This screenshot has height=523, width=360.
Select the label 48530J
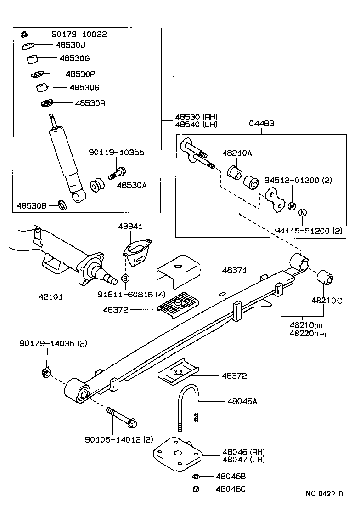(70, 45)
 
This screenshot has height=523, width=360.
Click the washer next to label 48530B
(62, 205)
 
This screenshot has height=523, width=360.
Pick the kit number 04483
(261, 123)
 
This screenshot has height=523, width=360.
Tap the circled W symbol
(291, 206)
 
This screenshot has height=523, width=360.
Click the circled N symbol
(302, 212)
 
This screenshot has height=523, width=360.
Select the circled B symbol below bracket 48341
(124, 278)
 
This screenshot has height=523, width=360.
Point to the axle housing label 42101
(50, 296)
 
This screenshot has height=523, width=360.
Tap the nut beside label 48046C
(196, 489)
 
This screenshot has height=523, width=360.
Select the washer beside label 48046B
(196, 477)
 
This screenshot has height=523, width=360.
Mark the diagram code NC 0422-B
(324, 494)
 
